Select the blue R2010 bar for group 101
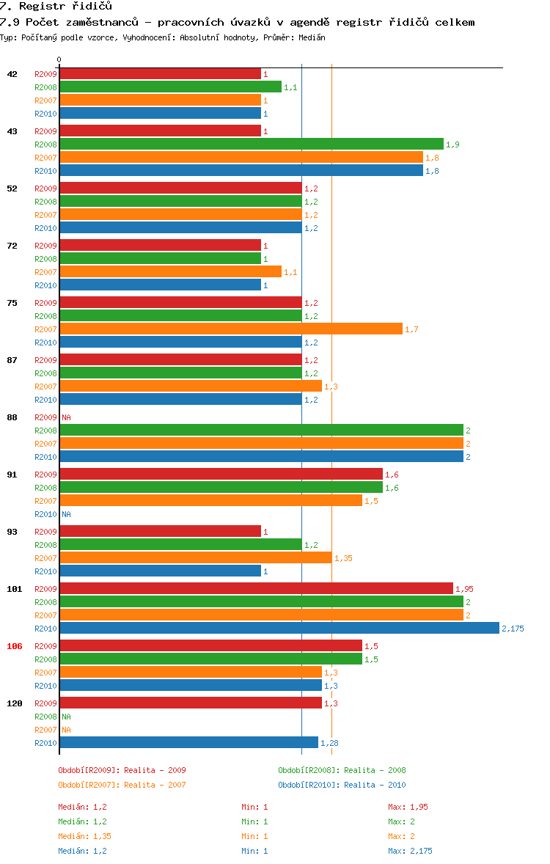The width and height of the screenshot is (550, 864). tap(279, 629)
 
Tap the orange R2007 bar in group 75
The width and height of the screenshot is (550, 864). tap(231, 329)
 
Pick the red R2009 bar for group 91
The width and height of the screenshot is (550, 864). tap(221, 475)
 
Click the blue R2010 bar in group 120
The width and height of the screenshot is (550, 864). tap(188, 743)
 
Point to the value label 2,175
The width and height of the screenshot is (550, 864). tap(513, 629)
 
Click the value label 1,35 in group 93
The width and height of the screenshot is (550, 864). tap(343, 558)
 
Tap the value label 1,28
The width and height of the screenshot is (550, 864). tap(329, 743)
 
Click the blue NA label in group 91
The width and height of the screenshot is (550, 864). tap(66, 514)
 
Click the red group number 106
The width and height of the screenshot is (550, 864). tap(15, 646)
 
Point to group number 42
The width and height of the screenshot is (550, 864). tap(12, 74)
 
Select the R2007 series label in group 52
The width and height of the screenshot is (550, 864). tap(45, 215)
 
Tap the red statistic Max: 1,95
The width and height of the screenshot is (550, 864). tap(408, 807)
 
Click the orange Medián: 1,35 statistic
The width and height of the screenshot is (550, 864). tap(85, 836)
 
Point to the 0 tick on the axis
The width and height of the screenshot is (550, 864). tap(59, 59)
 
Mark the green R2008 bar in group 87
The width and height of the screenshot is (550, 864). tap(180, 373)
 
